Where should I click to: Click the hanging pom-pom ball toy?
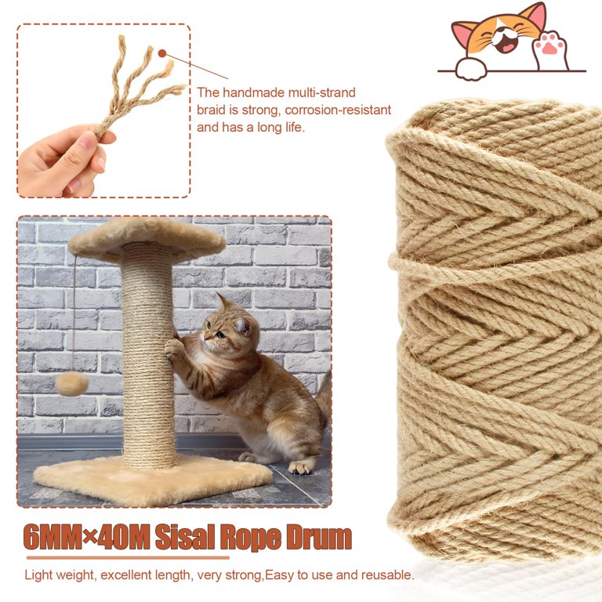[x=73, y=383]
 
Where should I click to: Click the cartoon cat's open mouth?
[x=507, y=42]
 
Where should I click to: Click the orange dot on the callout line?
[x=162, y=53]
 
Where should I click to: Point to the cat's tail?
[x=323, y=400]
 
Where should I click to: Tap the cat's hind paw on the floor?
[x=301, y=467]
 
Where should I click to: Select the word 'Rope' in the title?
[x=252, y=539]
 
